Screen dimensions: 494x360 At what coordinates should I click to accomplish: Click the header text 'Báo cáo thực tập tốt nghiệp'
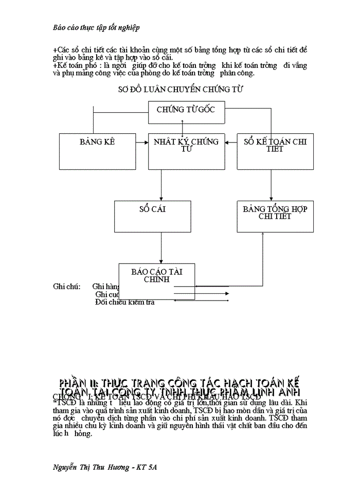97,26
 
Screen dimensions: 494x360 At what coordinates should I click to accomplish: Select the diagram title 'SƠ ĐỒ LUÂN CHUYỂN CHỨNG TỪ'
181,89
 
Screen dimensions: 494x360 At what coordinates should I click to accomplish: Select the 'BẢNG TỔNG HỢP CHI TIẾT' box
275,216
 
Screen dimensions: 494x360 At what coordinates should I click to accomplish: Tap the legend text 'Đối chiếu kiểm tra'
125,302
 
